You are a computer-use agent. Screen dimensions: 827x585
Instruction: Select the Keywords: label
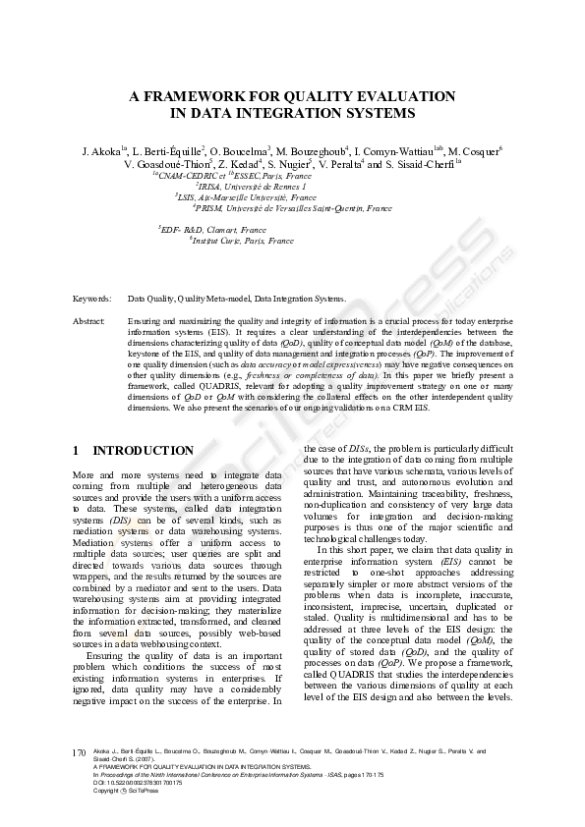91,297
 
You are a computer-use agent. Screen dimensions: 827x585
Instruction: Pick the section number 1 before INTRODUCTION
77,451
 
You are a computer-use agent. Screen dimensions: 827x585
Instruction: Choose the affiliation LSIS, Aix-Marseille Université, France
248,196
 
